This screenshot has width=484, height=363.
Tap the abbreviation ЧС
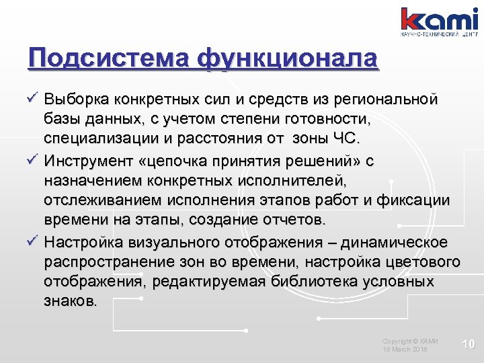coord(348,140)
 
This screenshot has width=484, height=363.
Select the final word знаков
coord(70,302)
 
